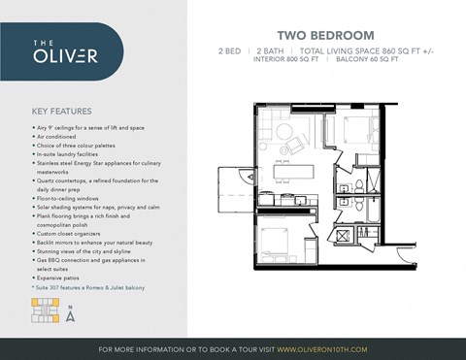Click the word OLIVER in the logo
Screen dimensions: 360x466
click(65, 55)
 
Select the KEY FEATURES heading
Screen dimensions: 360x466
click(62, 111)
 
